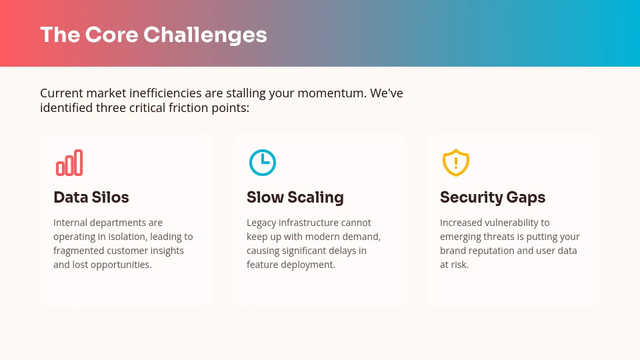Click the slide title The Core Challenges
[x=153, y=35]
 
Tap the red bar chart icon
[x=69, y=163]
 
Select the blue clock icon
[x=263, y=163]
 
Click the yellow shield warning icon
[x=456, y=163]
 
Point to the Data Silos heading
[x=91, y=197]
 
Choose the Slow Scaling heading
[x=295, y=197]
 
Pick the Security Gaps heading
[x=493, y=197]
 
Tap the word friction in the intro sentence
[x=187, y=107]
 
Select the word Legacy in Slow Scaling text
[x=261, y=223]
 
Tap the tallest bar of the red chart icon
[x=79, y=162]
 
